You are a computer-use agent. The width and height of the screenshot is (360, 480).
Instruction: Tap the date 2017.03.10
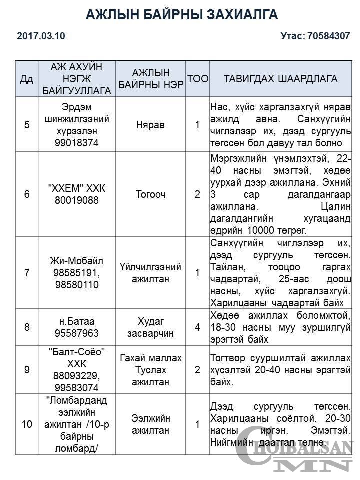click(41, 36)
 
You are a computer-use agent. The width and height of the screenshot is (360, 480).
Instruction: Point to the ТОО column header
click(197, 79)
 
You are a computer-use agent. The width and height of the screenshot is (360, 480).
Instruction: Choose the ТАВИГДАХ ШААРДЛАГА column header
click(280, 79)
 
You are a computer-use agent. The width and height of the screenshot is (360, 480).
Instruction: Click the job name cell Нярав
click(150, 125)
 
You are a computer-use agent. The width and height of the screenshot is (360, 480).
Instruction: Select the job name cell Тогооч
click(150, 194)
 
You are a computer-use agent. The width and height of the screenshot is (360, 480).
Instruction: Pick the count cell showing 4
click(197, 327)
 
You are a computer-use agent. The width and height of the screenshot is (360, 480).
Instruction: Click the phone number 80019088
click(77, 200)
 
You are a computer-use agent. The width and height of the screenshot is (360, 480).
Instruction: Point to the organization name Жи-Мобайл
click(77, 261)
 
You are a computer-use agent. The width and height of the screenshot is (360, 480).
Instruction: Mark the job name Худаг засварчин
click(150, 327)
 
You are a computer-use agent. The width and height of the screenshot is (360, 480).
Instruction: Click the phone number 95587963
click(77, 333)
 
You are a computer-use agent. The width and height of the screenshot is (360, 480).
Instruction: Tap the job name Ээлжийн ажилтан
click(150, 424)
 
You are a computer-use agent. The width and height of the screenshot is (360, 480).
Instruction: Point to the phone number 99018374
click(77, 142)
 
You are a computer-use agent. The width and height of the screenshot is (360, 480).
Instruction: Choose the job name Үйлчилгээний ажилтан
click(150, 273)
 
